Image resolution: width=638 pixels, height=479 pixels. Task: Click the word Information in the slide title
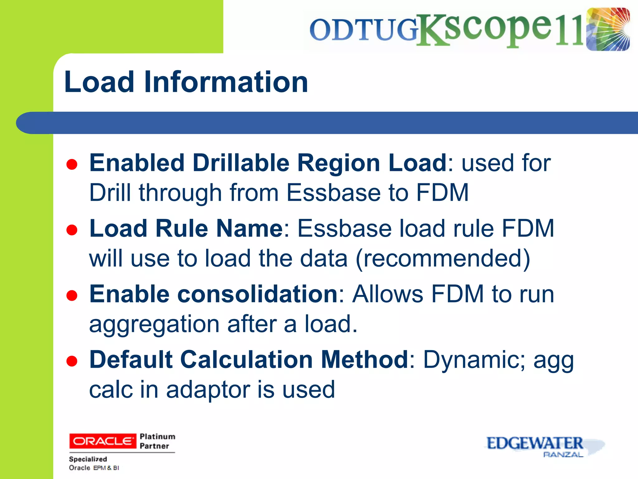pyautogui.click(x=226, y=82)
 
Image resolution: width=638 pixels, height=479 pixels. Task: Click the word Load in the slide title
pyautogui.click(x=99, y=82)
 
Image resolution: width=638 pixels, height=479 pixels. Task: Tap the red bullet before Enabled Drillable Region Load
pyautogui.click(x=72, y=164)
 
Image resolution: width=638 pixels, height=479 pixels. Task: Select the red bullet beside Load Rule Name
pyautogui.click(x=72, y=230)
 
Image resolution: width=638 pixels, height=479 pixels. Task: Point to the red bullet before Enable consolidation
pyautogui.click(x=72, y=296)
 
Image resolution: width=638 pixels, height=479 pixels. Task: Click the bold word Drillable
pyautogui.click(x=241, y=163)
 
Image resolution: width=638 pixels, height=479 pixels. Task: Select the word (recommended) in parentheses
pyautogui.click(x=443, y=259)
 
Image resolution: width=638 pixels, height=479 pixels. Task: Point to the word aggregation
pyautogui.click(x=154, y=324)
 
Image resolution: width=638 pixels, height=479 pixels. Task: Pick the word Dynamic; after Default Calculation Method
pyautogui.click(x=474, y=360)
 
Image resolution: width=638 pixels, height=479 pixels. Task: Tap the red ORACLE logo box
pyautogui.click(x=102, y=441)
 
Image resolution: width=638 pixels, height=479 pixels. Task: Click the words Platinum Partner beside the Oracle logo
pyautogui.click(x=157, y=441)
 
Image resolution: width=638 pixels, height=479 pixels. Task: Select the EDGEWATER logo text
pyautogui.click(x=534, y=443)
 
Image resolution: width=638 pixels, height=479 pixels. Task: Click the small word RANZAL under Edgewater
pyautogui.click(x=563, y=455)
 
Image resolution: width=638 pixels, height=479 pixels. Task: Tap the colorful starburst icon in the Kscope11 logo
pyautogui.click(x=607, y=29)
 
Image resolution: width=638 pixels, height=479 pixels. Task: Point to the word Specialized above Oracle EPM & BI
pyautogui.click(x=88, y=459)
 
